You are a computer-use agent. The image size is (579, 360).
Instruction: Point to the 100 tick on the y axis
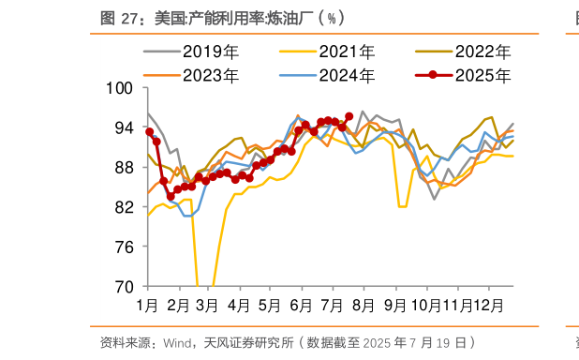click(x=123, y=88)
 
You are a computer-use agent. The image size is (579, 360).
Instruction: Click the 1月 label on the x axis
click(x=147, y=305)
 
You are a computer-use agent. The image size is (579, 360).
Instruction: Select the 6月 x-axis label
click(x=301, y=305)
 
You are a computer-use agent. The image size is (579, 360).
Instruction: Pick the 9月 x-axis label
click(x=394, y=305)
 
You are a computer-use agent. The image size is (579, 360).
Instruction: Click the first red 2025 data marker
click(x=149, y=132)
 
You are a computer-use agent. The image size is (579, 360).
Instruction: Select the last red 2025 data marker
click(x=349, y=116)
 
